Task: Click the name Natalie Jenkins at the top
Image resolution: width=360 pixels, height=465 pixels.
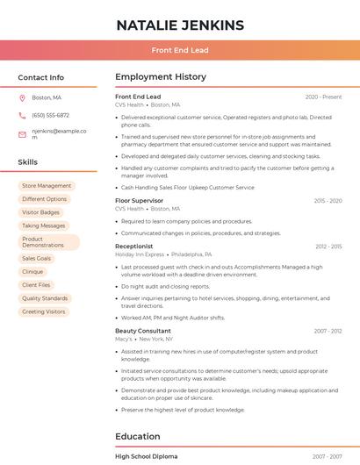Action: pyautogui.click(x=180, y=25)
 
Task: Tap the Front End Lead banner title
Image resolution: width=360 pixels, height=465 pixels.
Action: pyautogui.click(x=180, y=51)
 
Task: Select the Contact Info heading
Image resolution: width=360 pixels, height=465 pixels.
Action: pyautogui.click(x=41, y=77)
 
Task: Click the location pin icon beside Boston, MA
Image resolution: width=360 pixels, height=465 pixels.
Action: pyautogui.click(x=22, y=97)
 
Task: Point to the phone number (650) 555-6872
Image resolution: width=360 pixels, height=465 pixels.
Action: pyautogui.click(x=50, y=115)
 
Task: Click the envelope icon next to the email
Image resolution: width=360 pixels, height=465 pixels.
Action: pyautogui.click(x=22, y=134)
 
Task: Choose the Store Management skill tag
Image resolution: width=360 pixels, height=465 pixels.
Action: pyautogui.click(x=47, y=186)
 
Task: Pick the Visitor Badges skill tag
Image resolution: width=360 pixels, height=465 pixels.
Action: pyautogui.click(x=41, y=212)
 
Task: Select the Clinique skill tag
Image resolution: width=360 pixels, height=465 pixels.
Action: pyautogui.click(x=32, y=272)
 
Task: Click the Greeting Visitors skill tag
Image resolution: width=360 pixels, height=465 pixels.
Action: pyautogui.click(x=44, y=311)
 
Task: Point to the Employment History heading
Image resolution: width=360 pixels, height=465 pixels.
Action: pyautogui.click(x=160, y=77)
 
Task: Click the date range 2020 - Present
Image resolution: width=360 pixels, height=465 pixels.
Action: pyautogui.click(x=323, y=97)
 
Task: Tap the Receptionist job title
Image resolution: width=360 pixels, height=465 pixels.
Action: pyautogui.click(x=133, y=247)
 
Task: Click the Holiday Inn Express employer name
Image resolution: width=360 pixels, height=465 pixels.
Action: pyautogui.click(x=140, y=254)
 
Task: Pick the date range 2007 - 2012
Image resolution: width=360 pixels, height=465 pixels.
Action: pyautogui.click(x=328, y=331)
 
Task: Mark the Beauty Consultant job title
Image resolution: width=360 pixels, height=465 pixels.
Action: pyautogui.click(x=142, y=331)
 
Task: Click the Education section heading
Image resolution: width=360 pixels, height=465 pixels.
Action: pyautogui.click(x=137, y=436)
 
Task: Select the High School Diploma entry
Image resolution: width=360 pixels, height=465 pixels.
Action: pyautogui.click(x=146, y=456)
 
